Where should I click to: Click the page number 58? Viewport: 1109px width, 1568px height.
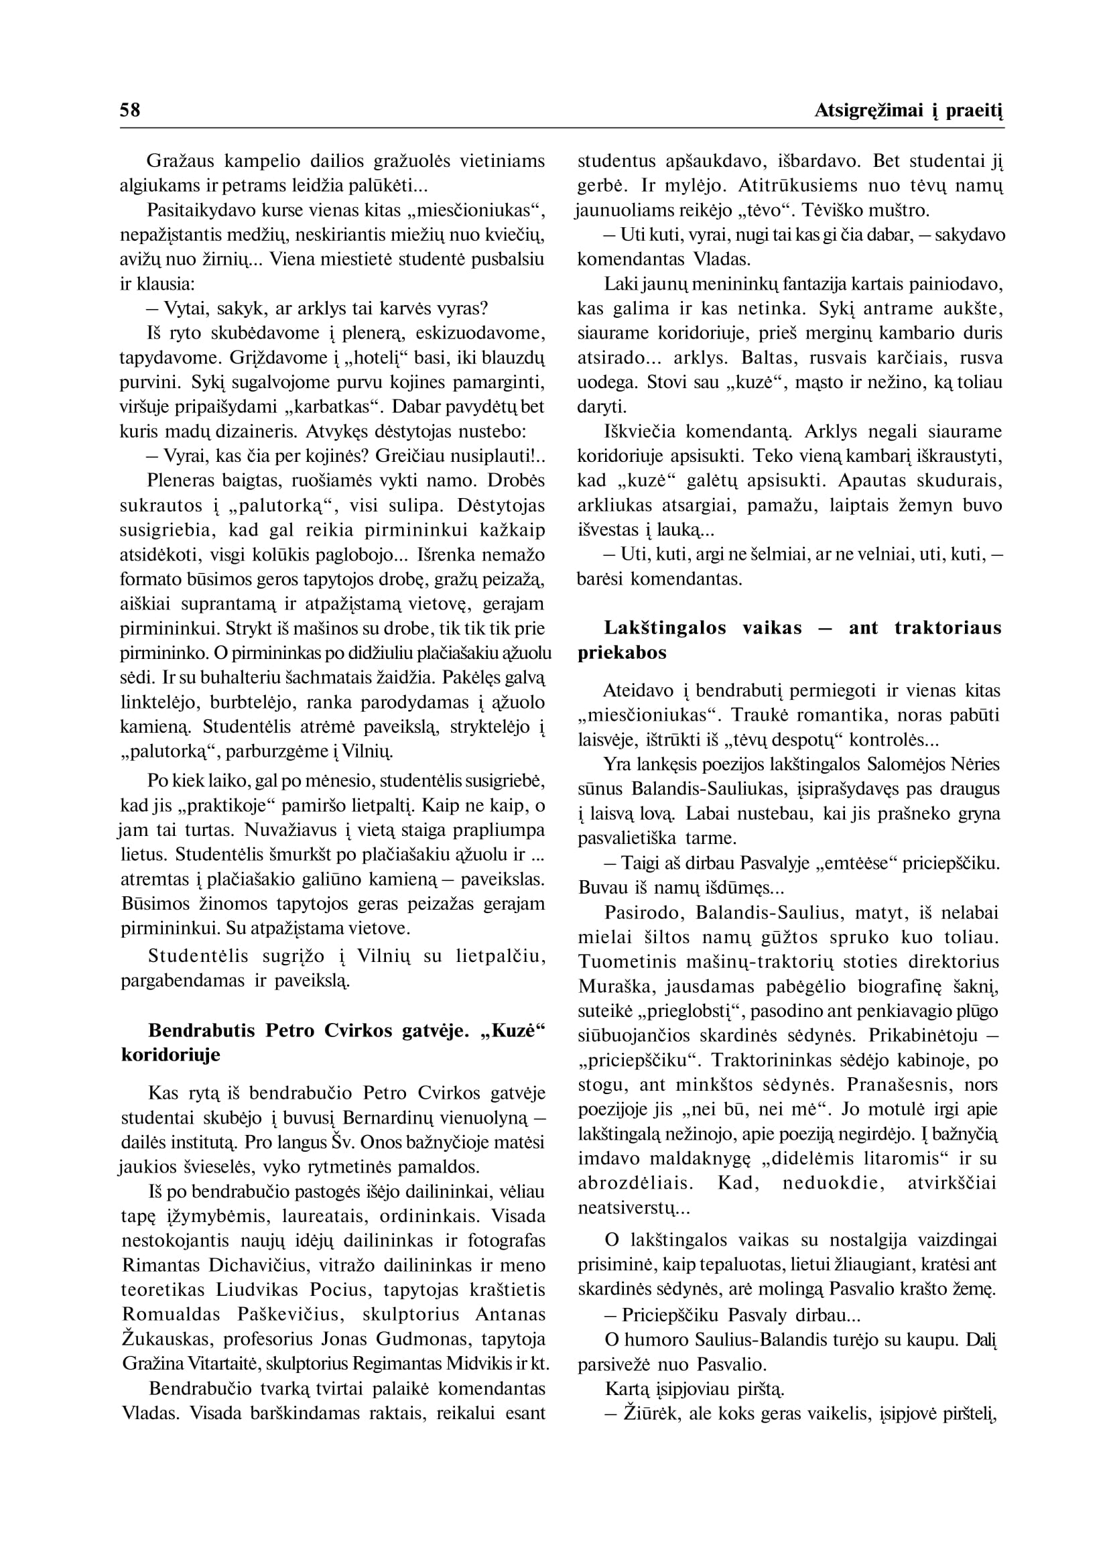(130, 110)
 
